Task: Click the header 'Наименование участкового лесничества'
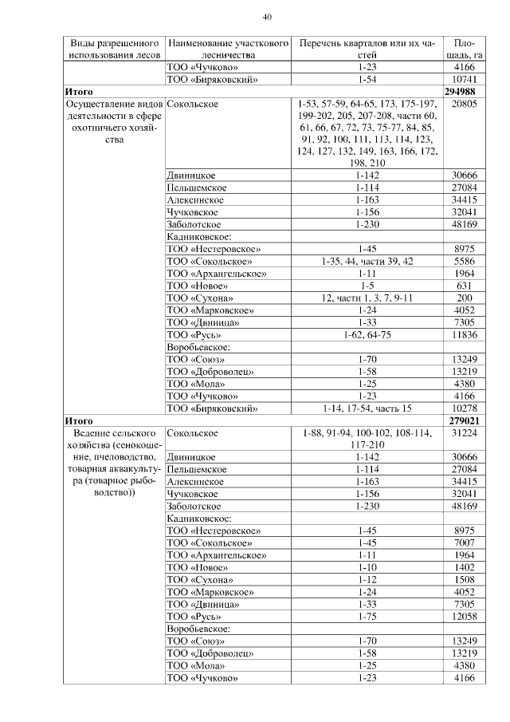point(227,49)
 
